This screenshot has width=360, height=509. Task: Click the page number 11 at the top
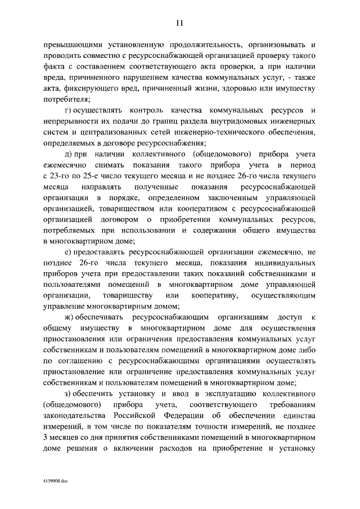pos(179,22)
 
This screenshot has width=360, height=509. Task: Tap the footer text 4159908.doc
pos(53,482)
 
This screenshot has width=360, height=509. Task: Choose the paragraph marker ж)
pos(69,318)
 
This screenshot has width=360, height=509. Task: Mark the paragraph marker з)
pos(67,394)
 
